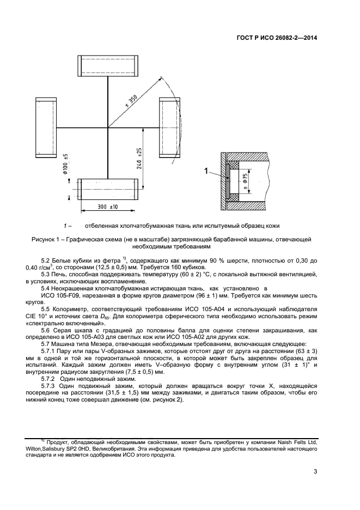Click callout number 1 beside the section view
206,172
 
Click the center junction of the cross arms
108,127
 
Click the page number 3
315,472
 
